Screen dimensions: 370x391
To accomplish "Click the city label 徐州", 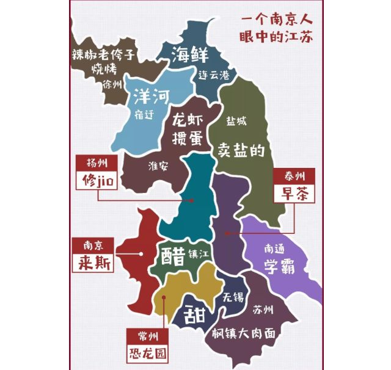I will (x=112, y=84).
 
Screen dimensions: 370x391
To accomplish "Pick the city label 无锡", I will (x=233, y=298).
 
